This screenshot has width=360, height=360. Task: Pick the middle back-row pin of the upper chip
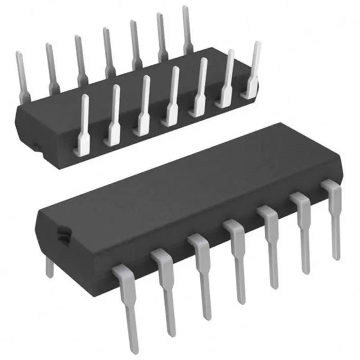(108, 52)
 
